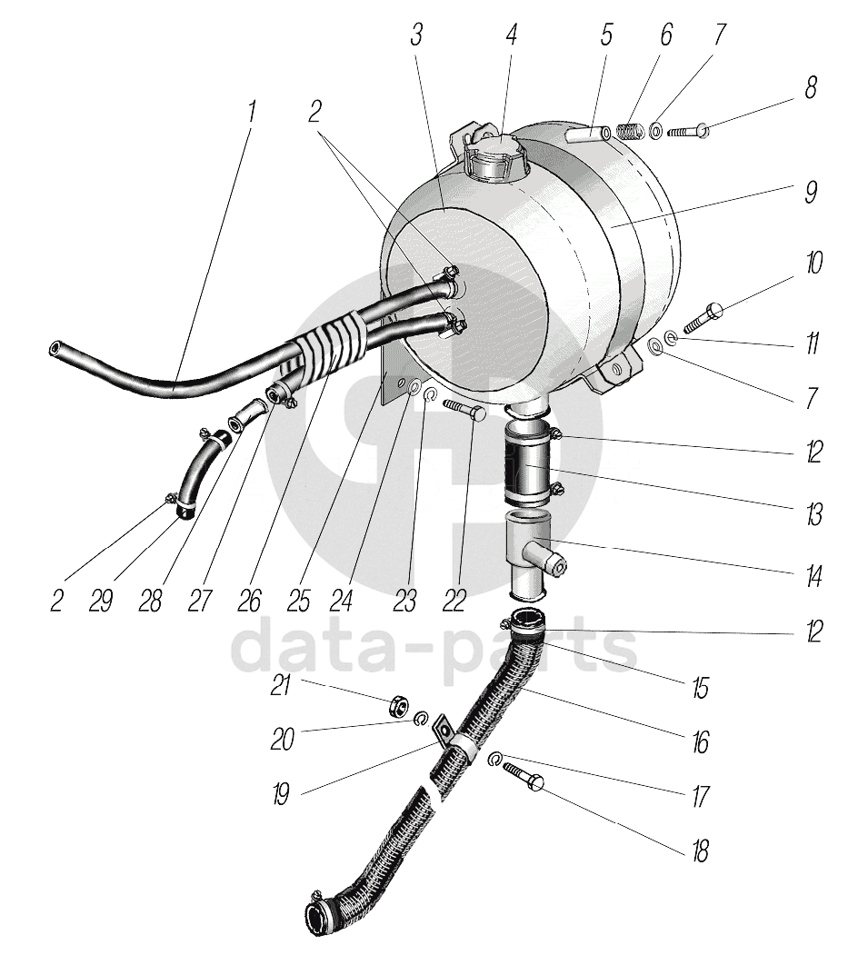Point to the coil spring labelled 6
click(x=625, y=132)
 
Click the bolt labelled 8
click(x=686, y=133)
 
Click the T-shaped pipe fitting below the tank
click(x=530, y=556)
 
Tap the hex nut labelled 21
click(x=397, y=706)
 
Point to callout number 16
click(x=699, y=742)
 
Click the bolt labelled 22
click(x=466, y=411)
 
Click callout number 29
click(x=101, y=601)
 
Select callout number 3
click(x=416, y=35)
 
